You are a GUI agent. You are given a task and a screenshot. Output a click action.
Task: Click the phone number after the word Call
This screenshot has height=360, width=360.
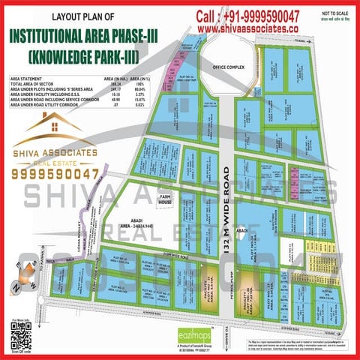point(273,16)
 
